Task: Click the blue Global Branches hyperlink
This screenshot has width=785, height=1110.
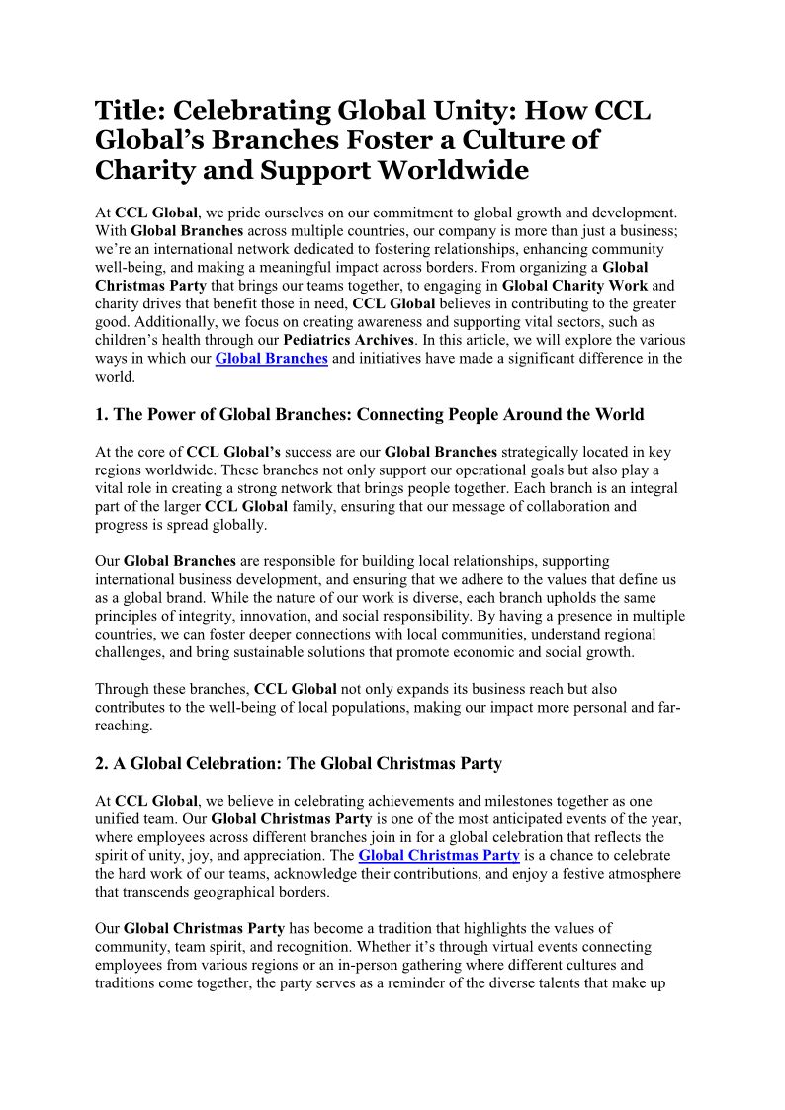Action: [271, 358]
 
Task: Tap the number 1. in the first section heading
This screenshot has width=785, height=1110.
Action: [102, 414]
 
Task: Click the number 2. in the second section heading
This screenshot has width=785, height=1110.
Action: [102, 763]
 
